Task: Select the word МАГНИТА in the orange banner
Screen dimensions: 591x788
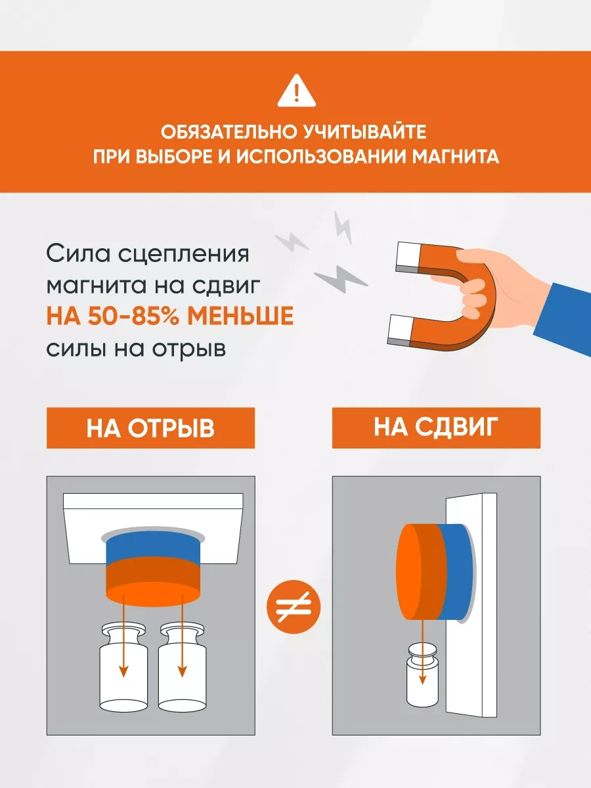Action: (x=455, y=156)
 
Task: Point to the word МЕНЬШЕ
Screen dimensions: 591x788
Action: (x=240, y=317)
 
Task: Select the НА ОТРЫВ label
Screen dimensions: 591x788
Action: (x=151, y=428)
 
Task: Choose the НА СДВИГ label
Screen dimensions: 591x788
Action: (x=436, y=427)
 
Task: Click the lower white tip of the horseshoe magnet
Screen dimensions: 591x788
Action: (x=400, y=330)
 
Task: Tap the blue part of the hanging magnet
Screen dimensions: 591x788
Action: (x=153, y=545)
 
